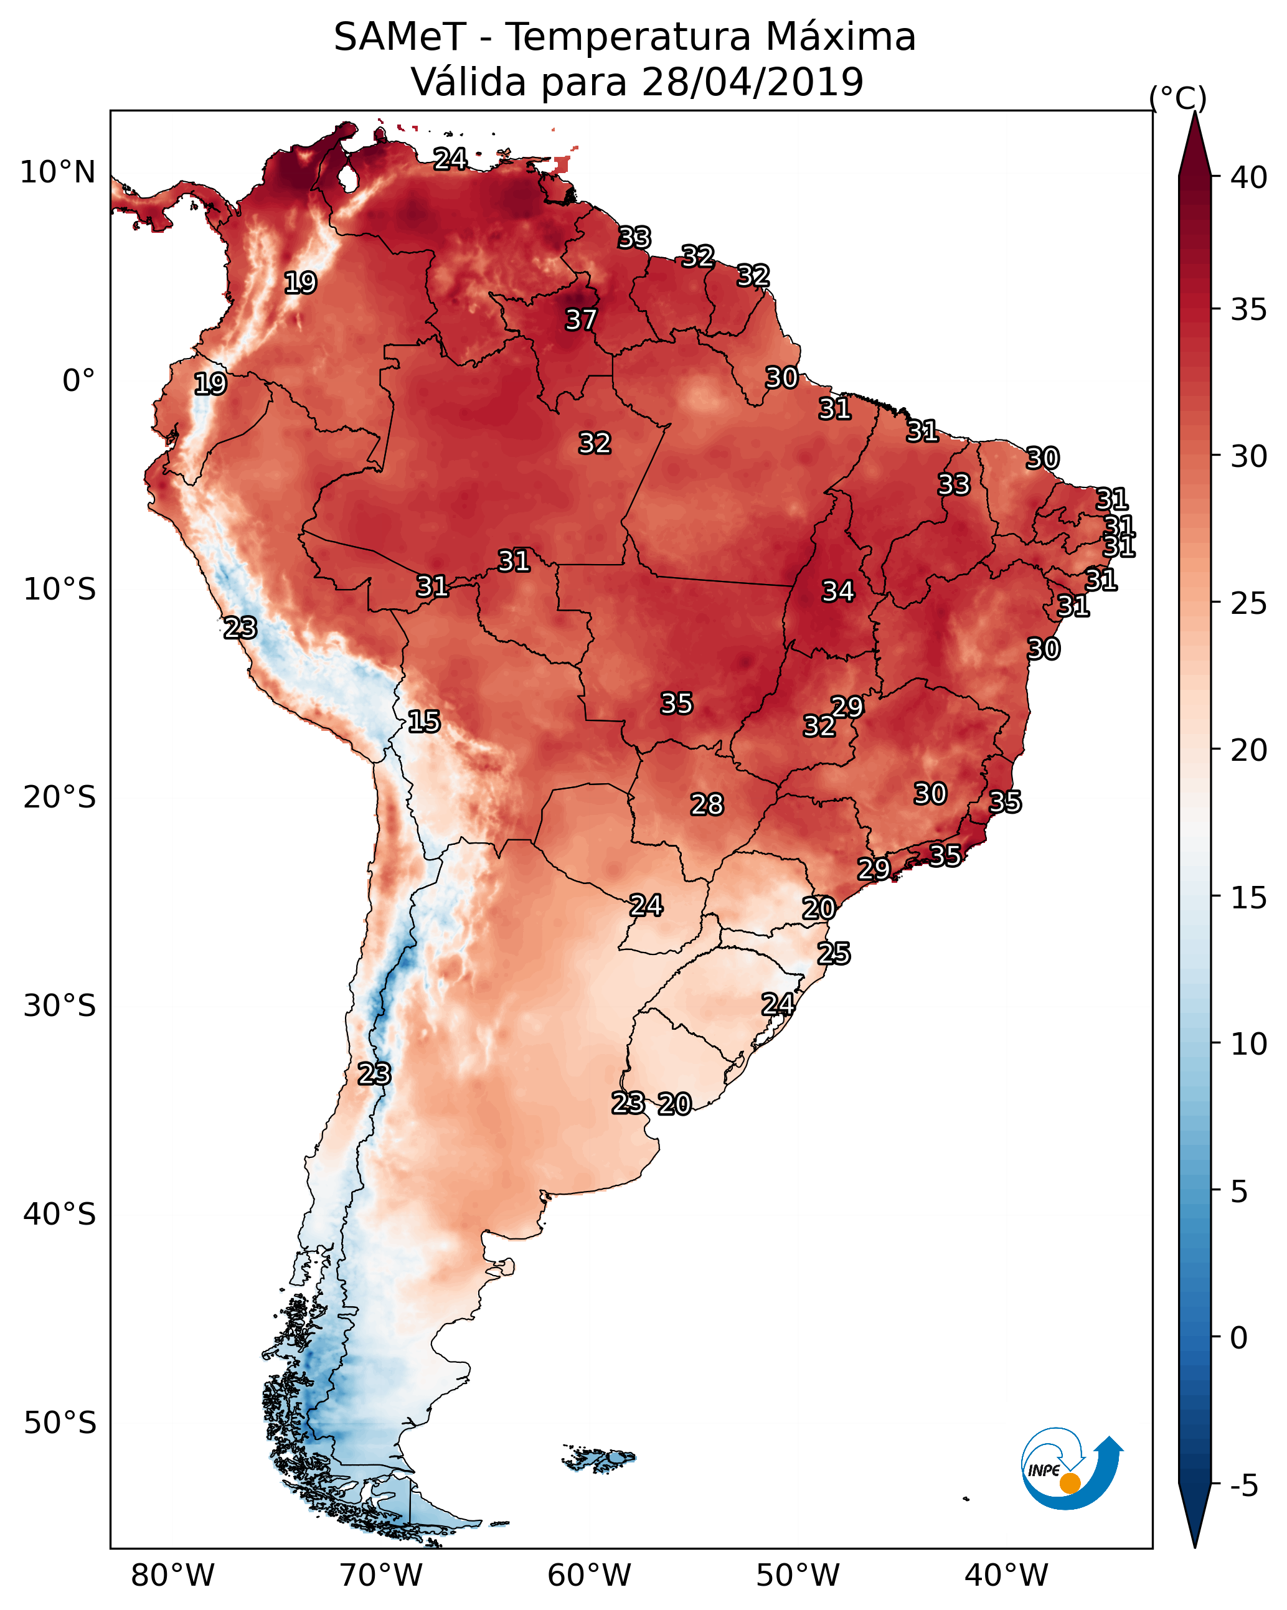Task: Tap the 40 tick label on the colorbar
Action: point(1249,177)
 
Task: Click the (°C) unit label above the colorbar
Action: point(1177,98)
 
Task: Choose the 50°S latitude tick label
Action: point(60,1423)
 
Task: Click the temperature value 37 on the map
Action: point(581,319)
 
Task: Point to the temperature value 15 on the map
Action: point(423,722)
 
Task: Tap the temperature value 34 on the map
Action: point(838,591)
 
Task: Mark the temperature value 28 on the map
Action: point(707,804)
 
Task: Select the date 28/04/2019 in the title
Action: point(752,82)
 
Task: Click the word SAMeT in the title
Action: point(400,37)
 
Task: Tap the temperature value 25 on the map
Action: point(834,954)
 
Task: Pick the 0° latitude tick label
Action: point(78,381)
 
